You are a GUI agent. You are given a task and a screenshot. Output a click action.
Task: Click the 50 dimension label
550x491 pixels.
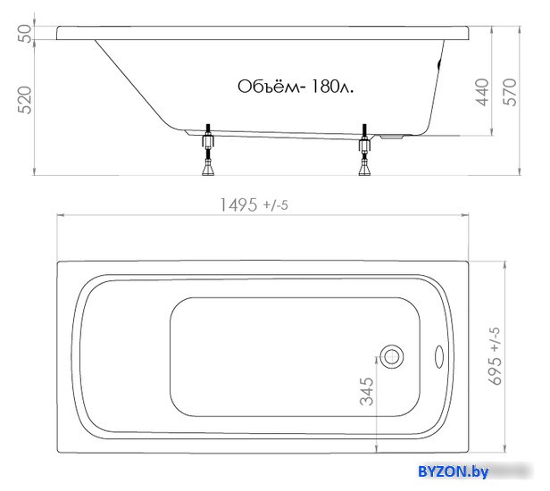pyautogui.click(x=25, y=33)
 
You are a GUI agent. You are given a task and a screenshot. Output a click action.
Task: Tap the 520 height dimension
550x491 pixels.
pyautogui.click(x=25, y=100)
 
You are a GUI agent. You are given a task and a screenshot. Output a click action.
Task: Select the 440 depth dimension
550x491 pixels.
pyautogui.click(x=482, y=92)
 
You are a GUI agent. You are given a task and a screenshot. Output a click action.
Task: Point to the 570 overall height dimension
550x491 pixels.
pyautogui.click(x=510, y=92)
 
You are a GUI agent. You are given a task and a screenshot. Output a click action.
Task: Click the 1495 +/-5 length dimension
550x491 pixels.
pyautogui.click(x=254, y=204)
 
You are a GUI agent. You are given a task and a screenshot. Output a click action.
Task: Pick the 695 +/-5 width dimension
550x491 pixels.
pyautogui.click(x=495, y=356)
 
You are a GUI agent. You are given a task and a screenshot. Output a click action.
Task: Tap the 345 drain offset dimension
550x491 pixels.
pyautogui.click(x=367, y=391)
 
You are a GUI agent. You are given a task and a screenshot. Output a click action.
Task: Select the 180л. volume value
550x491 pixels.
pyautogui.click(x=332, y=87)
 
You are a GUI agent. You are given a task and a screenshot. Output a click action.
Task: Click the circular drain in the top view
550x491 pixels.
pyautogui.click(x=392, y=357)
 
